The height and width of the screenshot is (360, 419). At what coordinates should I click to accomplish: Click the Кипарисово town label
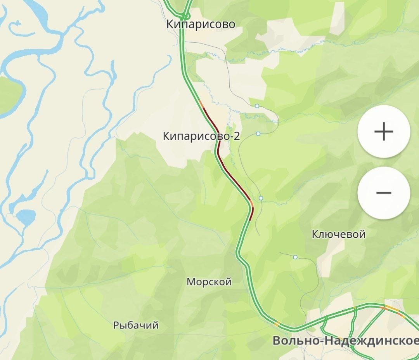pyautogui.click(x=201, y=24)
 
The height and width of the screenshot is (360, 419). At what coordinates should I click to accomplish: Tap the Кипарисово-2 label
pyautogui.click(x=201, y=136)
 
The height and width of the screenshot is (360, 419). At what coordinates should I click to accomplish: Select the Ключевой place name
pyautogui.click(x=339, y=234)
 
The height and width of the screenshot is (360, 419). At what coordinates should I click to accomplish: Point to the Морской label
pyautogui.click(x=209, y=282)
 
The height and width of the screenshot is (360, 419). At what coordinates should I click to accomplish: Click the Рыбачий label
pyautogui.click(x=136, y=325)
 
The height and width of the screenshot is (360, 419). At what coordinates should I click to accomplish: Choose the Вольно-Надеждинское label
pyautogui.click(x=345, y=341)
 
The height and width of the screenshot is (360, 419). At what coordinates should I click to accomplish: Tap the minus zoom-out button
pyautogui.click(x=383, y=193)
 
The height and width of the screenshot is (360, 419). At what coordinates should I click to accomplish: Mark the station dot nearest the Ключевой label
pyautogui.click(x=295, y=257)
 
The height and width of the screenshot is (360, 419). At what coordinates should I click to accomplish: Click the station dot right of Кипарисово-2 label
pyautogui.click(x=258, y=134)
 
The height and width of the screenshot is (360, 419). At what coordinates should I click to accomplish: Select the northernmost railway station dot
pyautogui.click(x=257, y=106)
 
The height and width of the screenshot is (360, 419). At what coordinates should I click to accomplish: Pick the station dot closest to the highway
pyautogui.click(x=261, y=198)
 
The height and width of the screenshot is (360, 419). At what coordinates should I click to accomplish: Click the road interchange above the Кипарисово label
pyautogui.click(x=186, y=16)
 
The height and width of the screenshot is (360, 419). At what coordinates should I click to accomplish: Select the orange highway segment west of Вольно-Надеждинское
pyautogui.click(x=277, y=323)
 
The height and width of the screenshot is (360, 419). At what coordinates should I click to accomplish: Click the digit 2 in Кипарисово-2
pyautogui.click(x=237, y=136)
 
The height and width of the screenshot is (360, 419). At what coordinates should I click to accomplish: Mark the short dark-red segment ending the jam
pyautogui.click(x=251, y=213)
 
